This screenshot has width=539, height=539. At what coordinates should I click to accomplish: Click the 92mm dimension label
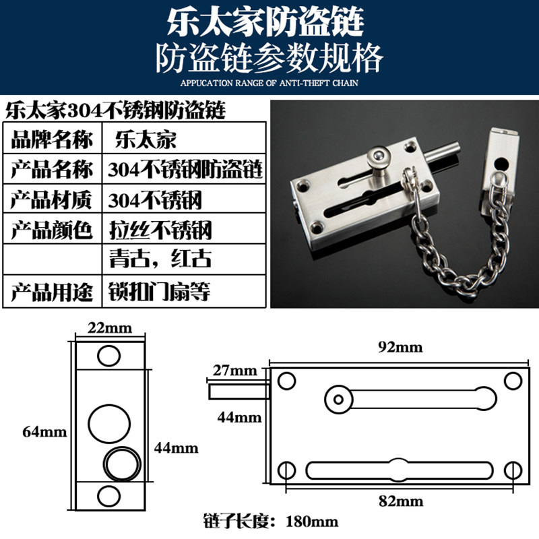coord(400,347)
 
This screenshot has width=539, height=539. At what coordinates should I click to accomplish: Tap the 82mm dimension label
coord(401,501)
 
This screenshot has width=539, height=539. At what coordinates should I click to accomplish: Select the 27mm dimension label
coord(234,371)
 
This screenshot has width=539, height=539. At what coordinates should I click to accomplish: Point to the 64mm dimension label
coord(44,432)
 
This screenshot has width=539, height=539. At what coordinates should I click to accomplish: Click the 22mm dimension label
coord(110,328)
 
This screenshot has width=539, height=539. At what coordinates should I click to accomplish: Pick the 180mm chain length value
coord(312,521)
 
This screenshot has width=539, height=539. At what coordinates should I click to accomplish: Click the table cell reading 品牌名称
coord(53,139)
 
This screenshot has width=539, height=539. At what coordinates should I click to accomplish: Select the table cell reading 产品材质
coord(53,199)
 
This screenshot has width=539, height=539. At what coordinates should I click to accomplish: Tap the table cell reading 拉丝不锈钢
coord(184,229)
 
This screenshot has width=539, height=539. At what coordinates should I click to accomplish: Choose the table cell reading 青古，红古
coord(184,259)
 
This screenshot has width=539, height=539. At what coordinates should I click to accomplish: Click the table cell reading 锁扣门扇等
coord(184,292)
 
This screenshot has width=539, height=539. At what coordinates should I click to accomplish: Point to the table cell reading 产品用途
coord(53,292)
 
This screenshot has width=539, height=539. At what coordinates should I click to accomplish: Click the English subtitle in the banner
coord(269,83)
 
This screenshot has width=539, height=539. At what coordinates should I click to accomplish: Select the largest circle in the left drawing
coord(109,424)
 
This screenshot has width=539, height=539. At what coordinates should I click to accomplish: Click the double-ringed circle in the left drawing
coord(123,464)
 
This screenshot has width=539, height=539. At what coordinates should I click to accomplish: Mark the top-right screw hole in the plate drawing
coord(513,381)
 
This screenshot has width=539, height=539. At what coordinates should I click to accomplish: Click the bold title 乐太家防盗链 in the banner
coord(265,22)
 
